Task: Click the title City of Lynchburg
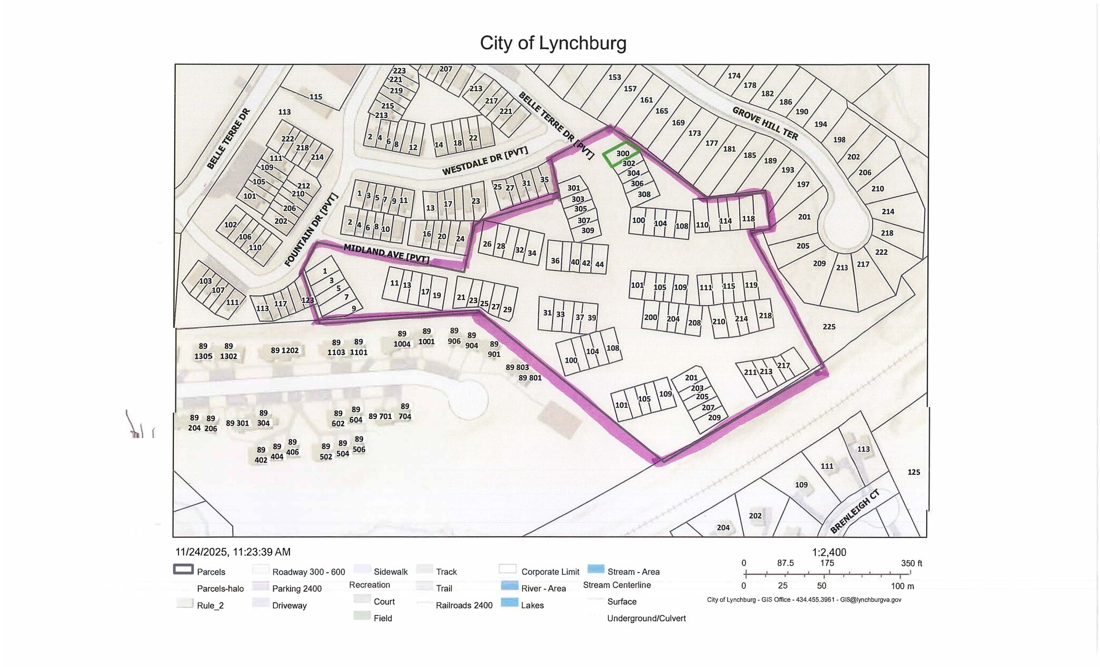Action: point(553,43)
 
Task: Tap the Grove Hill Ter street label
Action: point(765,123)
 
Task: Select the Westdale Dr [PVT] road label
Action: point(484,161)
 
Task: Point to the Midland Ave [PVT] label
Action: point(386,253)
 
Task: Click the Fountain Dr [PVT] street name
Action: point(311,230)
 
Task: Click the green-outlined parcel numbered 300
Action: point(622,153)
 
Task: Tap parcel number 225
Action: point(829,326)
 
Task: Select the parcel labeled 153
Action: point(614,77)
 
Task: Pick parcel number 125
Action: point(914,472)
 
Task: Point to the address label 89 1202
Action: point(284,350)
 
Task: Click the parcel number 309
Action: point(588,231)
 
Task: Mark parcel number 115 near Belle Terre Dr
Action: point(316,97)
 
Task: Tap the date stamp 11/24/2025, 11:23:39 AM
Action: point(233,552)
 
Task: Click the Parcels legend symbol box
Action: point(183,570)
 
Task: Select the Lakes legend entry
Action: point(532,605)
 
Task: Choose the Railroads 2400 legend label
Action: point(464,605)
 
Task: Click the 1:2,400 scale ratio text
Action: point(829,552)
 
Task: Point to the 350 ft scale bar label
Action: point(911,563)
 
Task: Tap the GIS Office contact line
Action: point(804,599)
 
